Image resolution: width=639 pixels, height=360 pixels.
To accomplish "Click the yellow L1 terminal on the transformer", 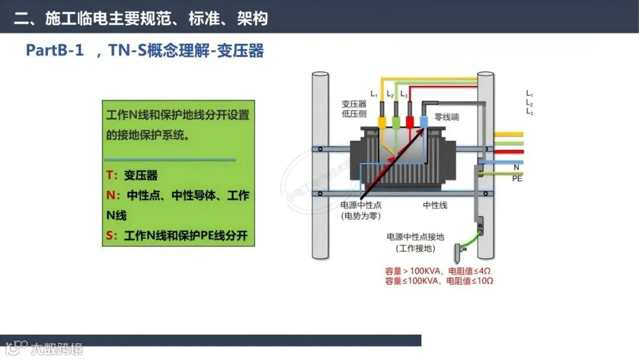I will [382, 122].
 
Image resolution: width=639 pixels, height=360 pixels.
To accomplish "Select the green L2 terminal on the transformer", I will [396, 122].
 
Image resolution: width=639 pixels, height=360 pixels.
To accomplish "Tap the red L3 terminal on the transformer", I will [410, 122].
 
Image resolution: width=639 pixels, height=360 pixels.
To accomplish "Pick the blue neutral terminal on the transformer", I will [424, 122].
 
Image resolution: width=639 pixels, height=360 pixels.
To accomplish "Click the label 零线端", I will [447, 117].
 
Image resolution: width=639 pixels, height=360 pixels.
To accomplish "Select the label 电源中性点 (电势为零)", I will [361, 210].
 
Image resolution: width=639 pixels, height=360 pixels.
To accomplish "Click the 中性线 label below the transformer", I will [435, 205].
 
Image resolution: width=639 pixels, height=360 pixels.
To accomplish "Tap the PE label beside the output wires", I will [517, 178].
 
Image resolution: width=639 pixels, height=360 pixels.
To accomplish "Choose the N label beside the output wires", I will [517, 168].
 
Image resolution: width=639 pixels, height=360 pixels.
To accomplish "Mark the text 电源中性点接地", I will [415, 237].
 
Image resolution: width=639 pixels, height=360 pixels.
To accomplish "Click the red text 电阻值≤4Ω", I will [470, 271].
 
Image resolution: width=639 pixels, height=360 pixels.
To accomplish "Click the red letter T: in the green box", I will [112, 175].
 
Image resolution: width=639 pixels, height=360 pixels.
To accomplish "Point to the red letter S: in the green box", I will [112, 236].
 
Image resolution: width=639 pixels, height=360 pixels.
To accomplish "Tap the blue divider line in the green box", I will [170, 159].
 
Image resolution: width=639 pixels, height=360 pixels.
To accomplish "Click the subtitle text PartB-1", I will [54, 50].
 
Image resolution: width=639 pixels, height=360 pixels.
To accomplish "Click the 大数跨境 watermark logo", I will [44, 348].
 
